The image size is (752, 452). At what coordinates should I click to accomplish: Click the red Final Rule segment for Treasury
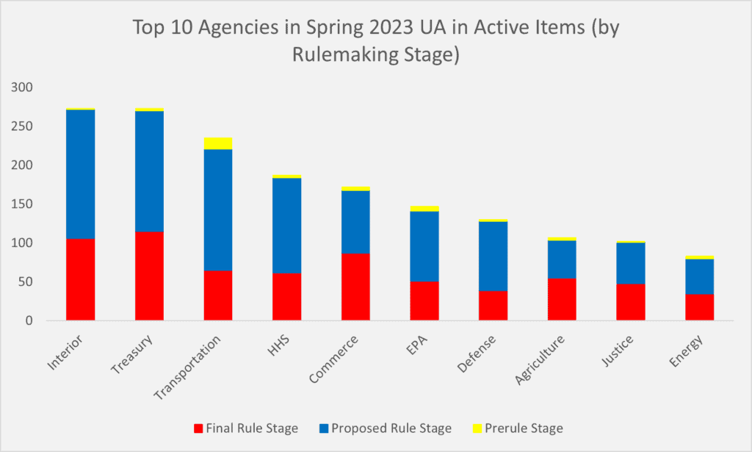(149, 276)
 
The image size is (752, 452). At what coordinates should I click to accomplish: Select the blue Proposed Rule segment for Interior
(80, 174)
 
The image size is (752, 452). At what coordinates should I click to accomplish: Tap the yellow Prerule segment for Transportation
(218, 143)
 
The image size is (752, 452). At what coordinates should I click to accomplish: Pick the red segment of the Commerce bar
(355, 287)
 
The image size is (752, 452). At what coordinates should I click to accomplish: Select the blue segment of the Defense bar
(493, 256)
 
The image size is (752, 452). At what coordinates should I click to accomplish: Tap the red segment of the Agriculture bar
(562, 299)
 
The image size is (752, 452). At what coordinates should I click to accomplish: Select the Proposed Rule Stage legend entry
(386, 428)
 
